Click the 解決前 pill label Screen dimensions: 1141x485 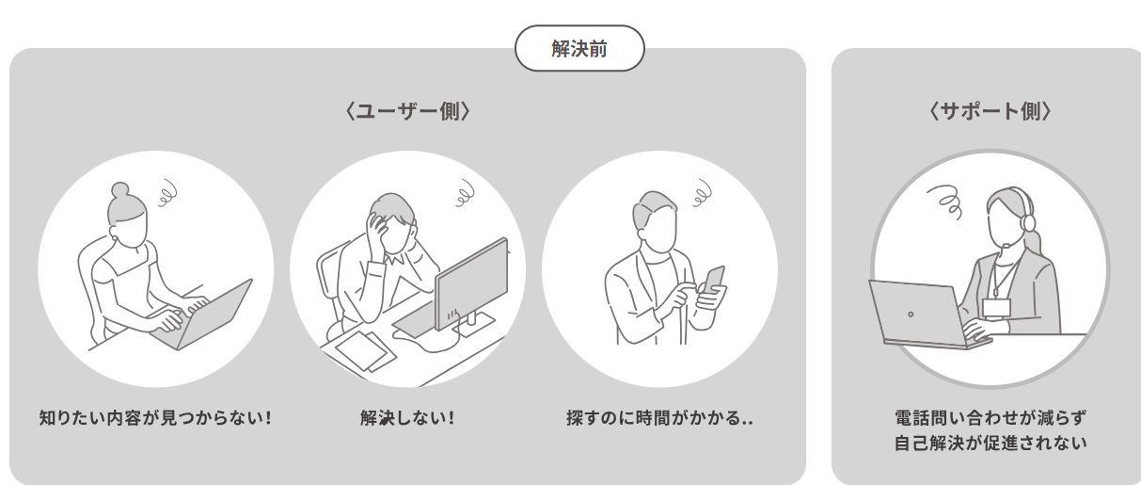coord(579,48)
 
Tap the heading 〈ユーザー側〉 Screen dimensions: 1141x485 coord(407,111)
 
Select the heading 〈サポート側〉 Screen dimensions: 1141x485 coord(990,111)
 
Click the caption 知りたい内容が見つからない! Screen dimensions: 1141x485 coord(155,418)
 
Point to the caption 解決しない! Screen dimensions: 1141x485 coord(407,418)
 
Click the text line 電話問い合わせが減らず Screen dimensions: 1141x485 coord(990,418)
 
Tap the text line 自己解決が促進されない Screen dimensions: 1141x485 coord(990,444)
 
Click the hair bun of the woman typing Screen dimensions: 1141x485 coord(120,191)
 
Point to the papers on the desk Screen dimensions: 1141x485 coord(364,351)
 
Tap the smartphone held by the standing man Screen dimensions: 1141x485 coord(714,280)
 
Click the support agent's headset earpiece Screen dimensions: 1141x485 coord(1028,223)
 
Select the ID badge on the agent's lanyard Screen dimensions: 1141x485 coord(996,308)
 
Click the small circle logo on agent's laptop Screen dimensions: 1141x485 coord(911,315)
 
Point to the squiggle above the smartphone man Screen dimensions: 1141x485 coord(702,193)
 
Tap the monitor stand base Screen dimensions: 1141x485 coord(474,325)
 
